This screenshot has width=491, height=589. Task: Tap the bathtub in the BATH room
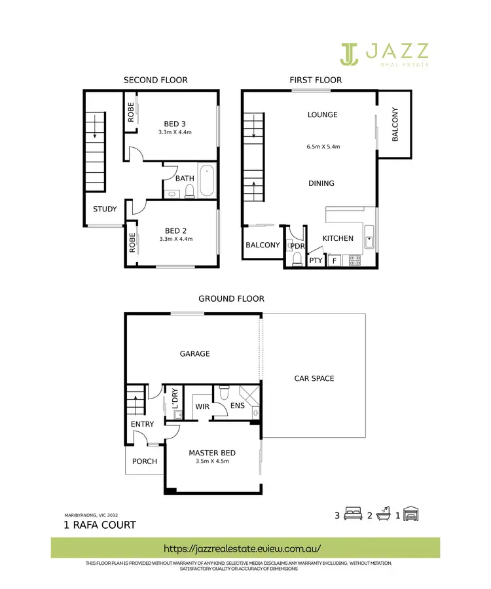point(207,182)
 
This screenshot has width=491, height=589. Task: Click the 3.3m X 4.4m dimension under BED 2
point(179,239)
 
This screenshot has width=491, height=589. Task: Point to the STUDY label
point(105,209)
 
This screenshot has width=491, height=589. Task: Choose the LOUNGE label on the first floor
point(323,115)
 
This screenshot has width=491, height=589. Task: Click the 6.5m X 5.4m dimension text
point(323,147)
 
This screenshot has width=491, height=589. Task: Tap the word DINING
point(321,183)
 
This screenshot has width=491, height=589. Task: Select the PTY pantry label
point(316,260)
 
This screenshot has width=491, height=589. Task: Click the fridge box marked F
point(334,260)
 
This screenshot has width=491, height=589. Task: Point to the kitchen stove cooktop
point(355,260)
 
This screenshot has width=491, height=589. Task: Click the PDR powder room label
point(297,246)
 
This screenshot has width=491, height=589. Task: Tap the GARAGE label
point(195,353)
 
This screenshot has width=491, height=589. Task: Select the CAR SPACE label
point(314,378)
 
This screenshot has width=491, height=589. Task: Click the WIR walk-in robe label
point(202,406)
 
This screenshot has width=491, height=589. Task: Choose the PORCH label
point(145,461)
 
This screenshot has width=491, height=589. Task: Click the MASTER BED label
point(212,453)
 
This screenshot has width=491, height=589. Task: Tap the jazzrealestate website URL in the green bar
point(245,547)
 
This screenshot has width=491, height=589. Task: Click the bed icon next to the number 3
point(353,515)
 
